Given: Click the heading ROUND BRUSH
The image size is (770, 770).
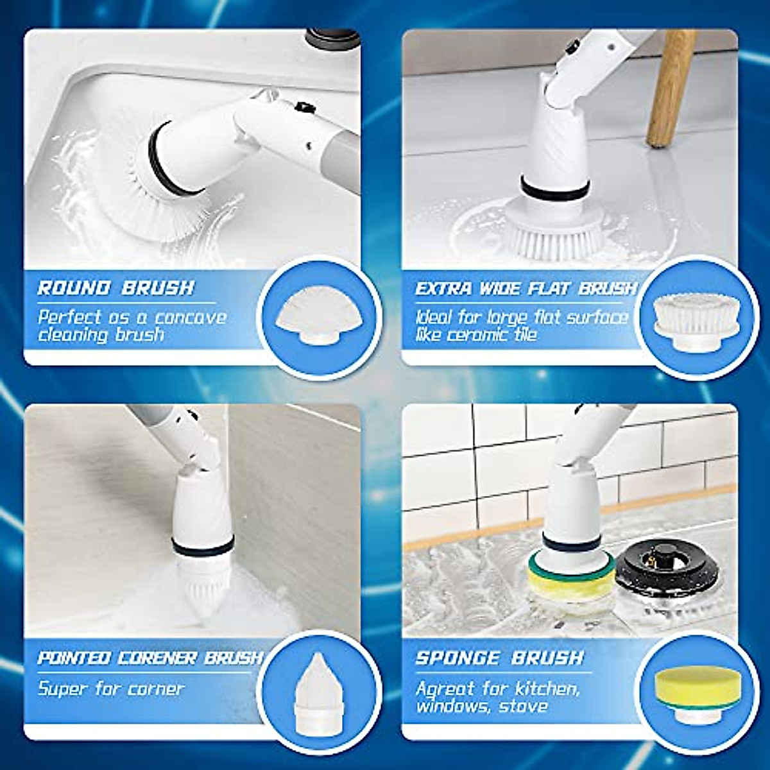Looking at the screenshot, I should pos(116,287).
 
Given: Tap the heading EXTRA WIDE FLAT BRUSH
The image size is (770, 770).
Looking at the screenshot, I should pos(525,289).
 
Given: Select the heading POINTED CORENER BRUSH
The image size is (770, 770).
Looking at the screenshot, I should pos(150,658).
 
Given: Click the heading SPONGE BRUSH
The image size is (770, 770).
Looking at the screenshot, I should pos(499,658).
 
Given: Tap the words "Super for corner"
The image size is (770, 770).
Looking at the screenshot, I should pos(111,689).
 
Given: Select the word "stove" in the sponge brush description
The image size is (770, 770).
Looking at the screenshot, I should pos(523,706).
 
